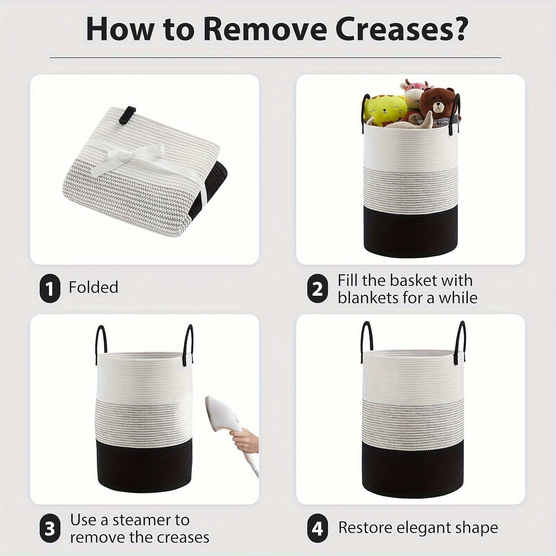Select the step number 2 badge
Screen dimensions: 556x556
[x=318, y=289]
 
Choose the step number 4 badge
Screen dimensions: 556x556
[x=318, y=528]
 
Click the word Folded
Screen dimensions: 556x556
[x=93, y=287]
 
